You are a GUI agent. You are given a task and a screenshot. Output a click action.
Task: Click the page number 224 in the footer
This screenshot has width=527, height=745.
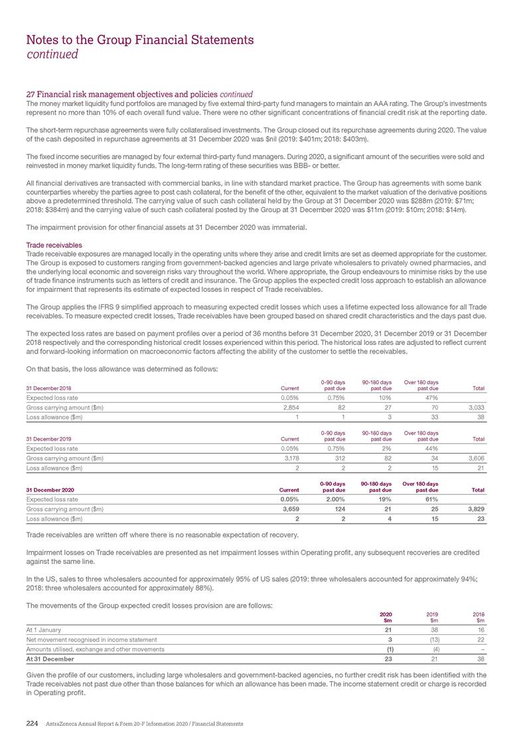(32, 722)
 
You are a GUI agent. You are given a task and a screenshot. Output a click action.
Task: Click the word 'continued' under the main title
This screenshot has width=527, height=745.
(52, 54)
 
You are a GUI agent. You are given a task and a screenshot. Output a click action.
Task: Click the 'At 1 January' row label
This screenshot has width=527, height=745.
(43, 628)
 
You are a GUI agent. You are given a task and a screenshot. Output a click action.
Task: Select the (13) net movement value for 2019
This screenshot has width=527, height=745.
(432, 638)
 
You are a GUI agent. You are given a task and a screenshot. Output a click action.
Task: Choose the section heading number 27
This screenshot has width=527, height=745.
(30, 93)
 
